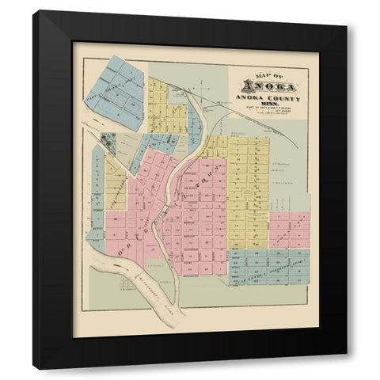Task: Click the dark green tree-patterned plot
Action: click(108, 143)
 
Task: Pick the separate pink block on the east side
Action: click(288, 230)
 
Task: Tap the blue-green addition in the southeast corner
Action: click(269, 268)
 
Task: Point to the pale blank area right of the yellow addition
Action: click(290, 174)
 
